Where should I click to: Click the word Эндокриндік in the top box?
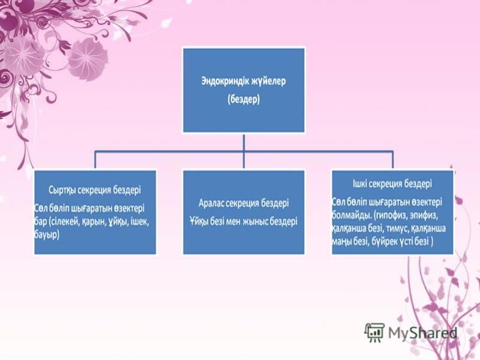tap(223, 81)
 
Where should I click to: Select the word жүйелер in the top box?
tap(267, 82)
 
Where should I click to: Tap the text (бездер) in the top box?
tap(244, 100)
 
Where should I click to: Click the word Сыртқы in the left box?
tap(62, 190)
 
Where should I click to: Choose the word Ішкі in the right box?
tap(359, 184)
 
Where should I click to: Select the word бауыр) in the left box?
tap(47, 235)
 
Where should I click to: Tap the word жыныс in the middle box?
tap(253, 221)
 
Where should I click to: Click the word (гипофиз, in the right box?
tap(390, 215)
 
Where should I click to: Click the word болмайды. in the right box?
tap(352, 215)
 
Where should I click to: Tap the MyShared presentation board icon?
tap(374, 332)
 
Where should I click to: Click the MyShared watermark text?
tap(423, 333)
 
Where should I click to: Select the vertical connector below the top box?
tap(244, 151)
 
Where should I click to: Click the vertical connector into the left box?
tap(95, 160)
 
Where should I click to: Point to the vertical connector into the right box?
tap(392, 160)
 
